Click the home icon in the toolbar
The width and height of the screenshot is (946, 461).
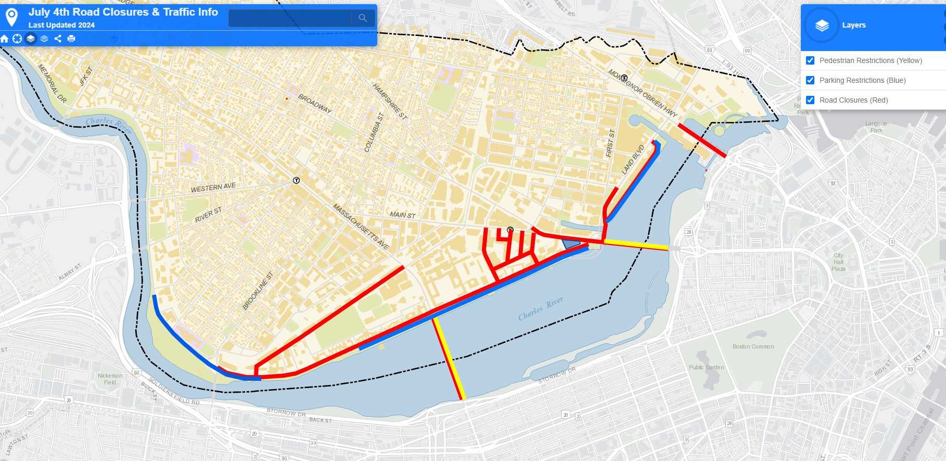point(5,39)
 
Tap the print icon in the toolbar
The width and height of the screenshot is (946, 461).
point(71,39)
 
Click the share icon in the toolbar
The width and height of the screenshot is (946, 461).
point(58,39)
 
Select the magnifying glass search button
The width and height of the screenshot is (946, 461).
point(363,18)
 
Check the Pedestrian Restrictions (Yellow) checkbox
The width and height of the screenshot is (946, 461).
point(810,60)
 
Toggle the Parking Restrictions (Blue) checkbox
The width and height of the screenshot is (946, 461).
point(810,80)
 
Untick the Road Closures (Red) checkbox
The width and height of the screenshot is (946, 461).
point(810,100)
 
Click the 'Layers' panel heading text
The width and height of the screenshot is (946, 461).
point(853,25)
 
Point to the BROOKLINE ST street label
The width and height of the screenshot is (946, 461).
point(258,291)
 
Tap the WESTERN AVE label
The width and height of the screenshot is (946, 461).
point(213,188)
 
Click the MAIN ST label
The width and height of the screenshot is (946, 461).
point(402,215)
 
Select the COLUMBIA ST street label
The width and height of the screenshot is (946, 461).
point(374,132)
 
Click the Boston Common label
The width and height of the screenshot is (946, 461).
point(753,346)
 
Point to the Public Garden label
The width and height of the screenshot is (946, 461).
point(706,367)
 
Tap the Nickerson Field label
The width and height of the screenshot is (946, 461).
point(110,379)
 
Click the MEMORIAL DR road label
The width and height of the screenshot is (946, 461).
point(52,83)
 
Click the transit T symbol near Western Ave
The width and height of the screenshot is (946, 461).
point(296,181)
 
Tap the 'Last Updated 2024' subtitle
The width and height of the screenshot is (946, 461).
point(61,25)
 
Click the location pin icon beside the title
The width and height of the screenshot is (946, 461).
point(11,17)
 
